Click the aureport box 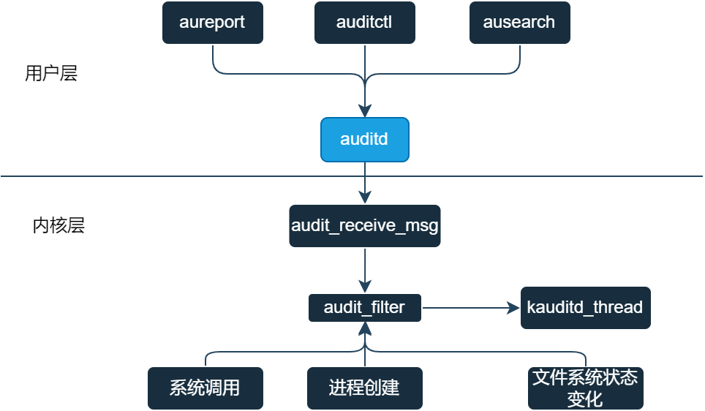click(212, 22)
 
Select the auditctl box click(364, 22)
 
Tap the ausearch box click(519, 22)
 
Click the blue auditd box click(364, 139)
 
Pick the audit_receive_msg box click(364, 225)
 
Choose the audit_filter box click(364, 308)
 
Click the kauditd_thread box click(585, 308)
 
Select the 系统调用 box click(205, 388)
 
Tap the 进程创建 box click(364, 388)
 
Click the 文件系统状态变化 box click(585, 388)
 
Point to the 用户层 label click(51, 74)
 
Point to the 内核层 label click(59, 225)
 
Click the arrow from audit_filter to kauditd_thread click(468, 308)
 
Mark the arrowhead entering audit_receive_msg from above click(364, 197)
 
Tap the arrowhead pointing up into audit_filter click(364, 328)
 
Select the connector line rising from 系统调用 click(206, 359)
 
